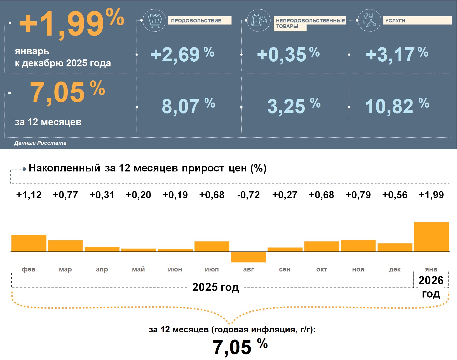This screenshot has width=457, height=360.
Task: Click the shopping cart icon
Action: point(154,20)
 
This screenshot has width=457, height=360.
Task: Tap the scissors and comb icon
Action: point(369,20)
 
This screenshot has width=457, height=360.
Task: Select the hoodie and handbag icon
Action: point(259,20)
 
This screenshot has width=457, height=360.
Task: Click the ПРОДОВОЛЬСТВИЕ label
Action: point(196,20)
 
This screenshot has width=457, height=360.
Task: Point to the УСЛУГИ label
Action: point(395,20)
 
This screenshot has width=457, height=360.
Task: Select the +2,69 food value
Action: point(175,54)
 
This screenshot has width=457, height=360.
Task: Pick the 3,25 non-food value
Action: point(286,106)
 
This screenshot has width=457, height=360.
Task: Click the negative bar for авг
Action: point(249,257)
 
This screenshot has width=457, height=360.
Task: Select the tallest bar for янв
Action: point(431,237)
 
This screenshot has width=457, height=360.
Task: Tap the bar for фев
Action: point(29,243)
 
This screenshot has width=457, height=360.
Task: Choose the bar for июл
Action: point(212,246)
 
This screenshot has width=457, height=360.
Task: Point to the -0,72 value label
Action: point(249,195)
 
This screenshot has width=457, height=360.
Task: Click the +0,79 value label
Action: point(358,195)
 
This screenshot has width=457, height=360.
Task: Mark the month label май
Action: point(139,269)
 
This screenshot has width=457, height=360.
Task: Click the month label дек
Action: point(395,269)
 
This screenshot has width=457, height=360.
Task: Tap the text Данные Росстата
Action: point(40,143)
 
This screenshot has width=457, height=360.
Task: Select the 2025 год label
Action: point(215,287)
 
